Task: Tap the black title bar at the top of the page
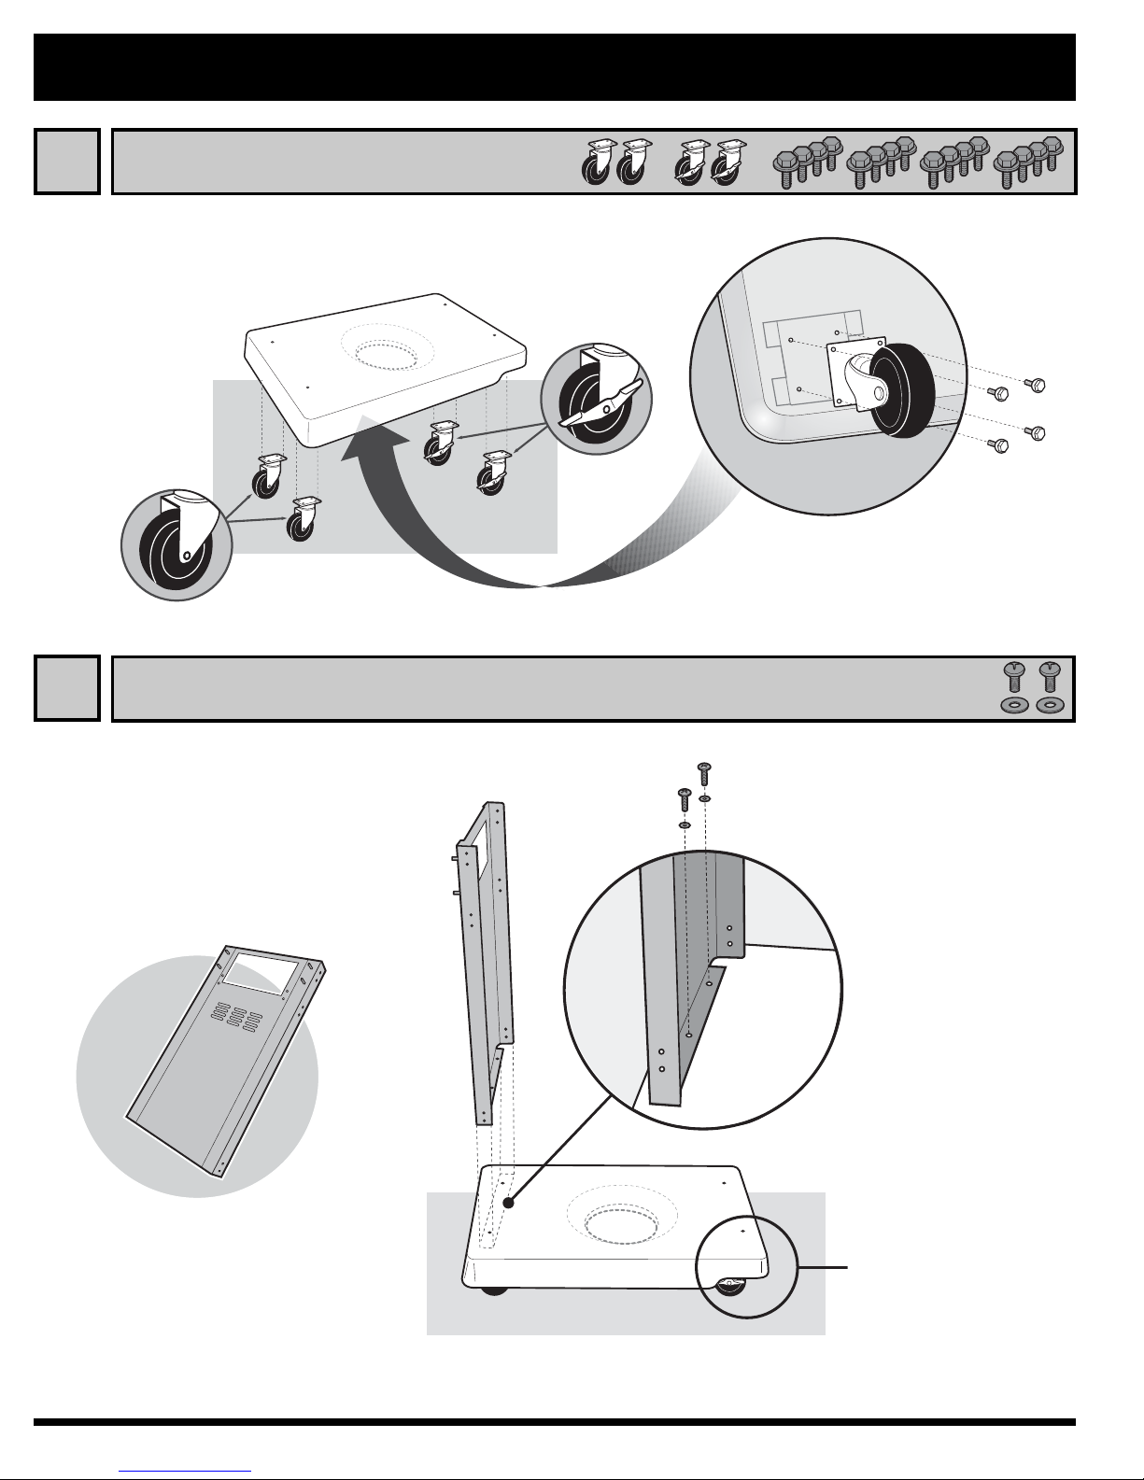(x=555, y=67)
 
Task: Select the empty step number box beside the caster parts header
(x=66, y=162)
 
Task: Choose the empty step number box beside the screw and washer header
(x=66, y=688)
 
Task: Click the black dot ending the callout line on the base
(x=509, y=1203)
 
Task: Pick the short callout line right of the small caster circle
(x=823, y=1267)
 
